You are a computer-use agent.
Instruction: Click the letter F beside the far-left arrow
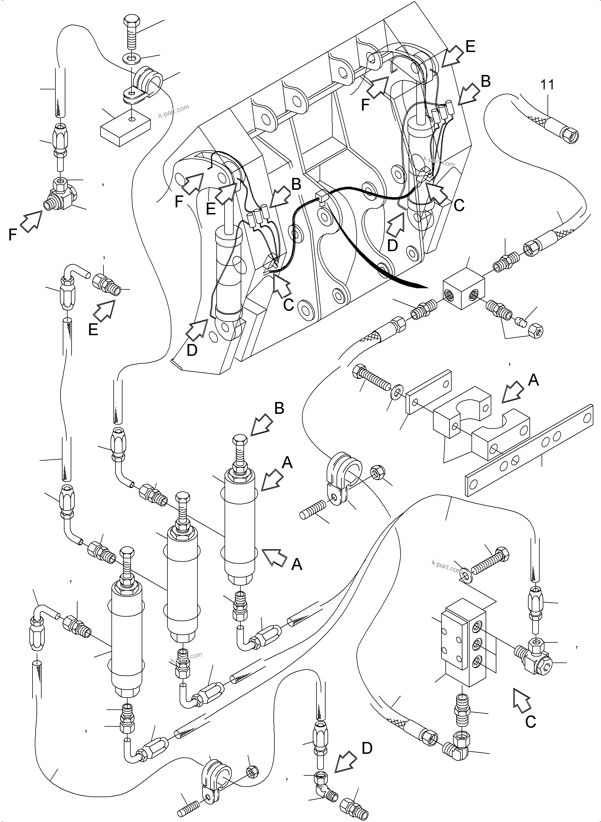point(13,235)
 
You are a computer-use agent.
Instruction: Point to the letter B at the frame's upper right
point(485,81)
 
